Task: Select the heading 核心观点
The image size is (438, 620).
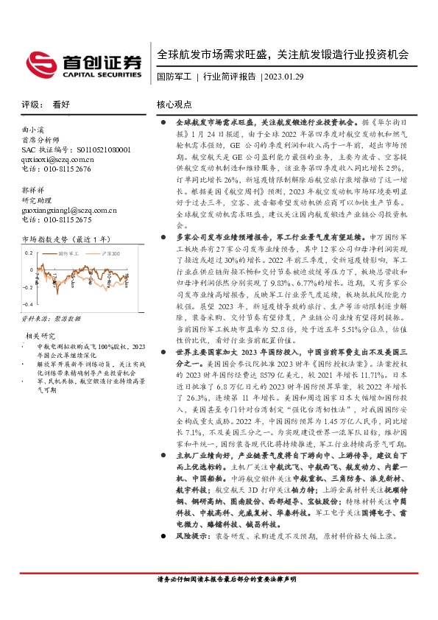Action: click(x=174, y=105)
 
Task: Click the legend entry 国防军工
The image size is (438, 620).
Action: click(x=71, y=252)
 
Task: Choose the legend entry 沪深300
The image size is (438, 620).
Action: click(x=110, y=252)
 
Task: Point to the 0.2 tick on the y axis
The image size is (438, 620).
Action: click(x=29, y=252)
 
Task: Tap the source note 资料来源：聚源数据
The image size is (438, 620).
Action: click(x=49, y=320)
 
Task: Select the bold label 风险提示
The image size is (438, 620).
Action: click(x=191, y=557)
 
